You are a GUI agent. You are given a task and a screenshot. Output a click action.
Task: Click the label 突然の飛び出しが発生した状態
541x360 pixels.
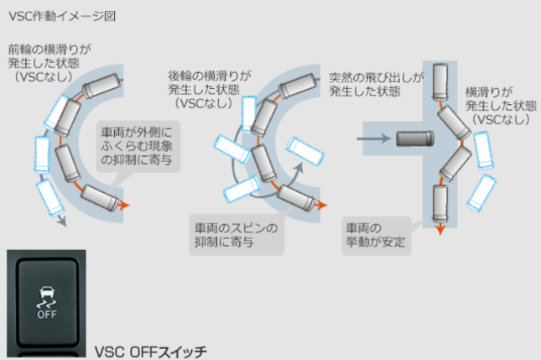tap(377, 83)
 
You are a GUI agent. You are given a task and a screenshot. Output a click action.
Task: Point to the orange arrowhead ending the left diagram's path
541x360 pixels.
tap(126, 203)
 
